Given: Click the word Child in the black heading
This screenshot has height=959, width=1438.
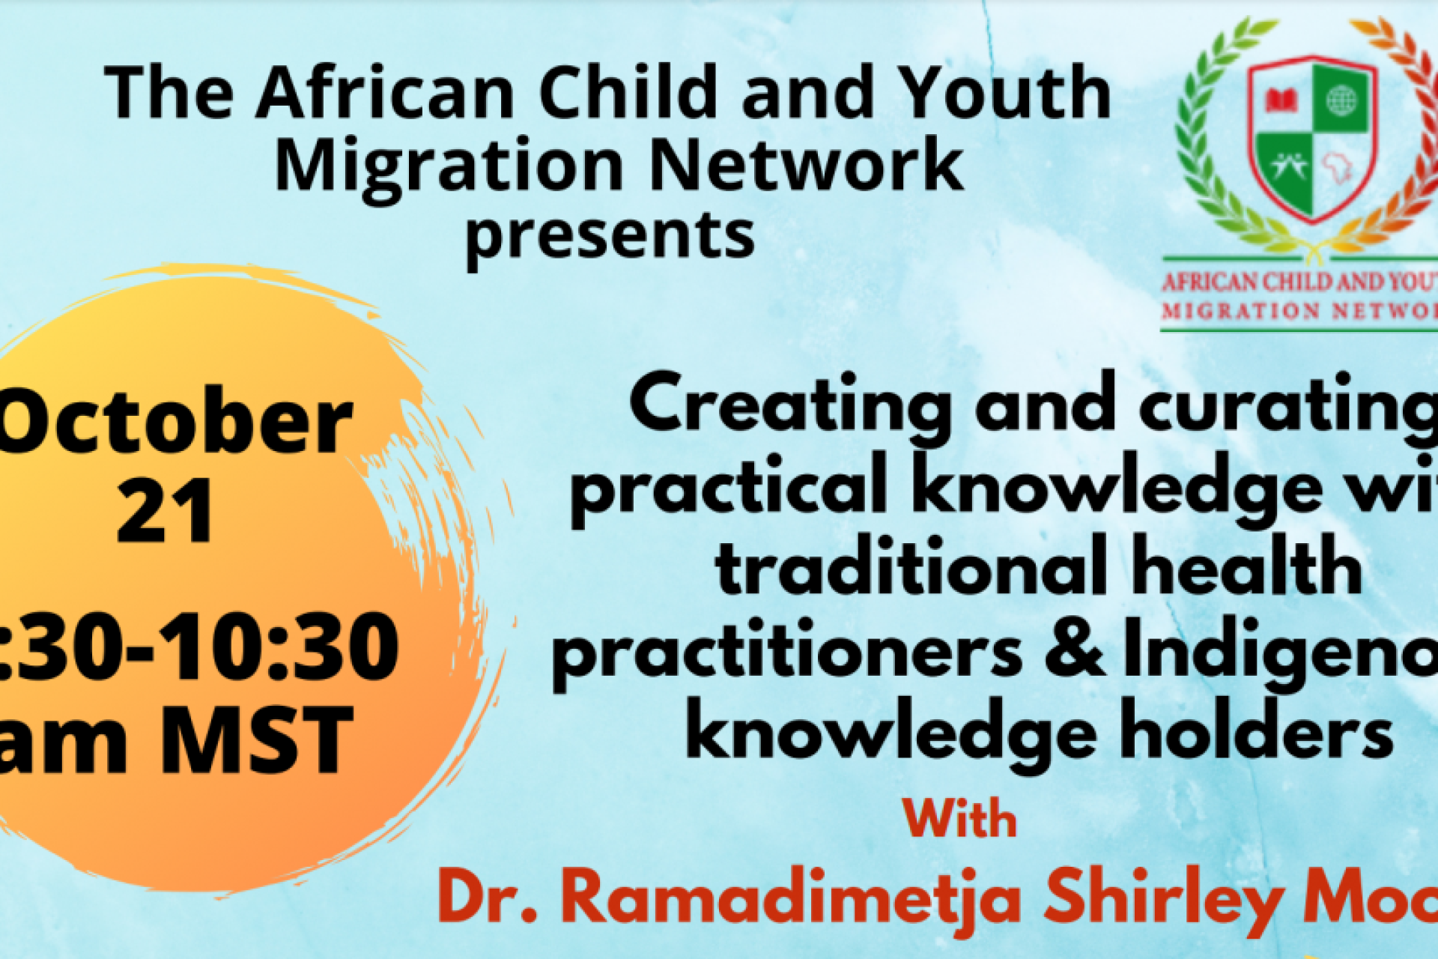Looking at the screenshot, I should (628, 93).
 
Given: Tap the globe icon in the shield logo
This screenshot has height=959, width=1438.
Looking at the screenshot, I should (1341, 100).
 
